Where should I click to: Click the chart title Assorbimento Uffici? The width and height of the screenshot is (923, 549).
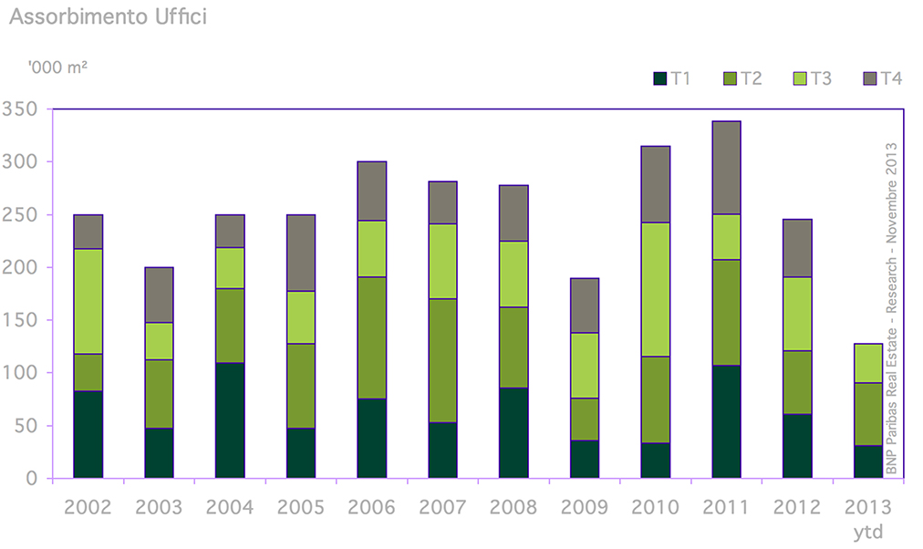[x=108, y=17]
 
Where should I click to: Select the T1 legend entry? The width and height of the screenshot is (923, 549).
[x=673, y=78]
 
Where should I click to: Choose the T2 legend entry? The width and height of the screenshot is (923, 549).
[x=742, y=78]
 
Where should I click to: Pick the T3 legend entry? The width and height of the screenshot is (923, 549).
[x=812, y=78]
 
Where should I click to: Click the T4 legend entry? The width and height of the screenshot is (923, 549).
[x=883, y=78]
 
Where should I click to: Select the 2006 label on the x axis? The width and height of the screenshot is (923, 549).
[x=371, y=507]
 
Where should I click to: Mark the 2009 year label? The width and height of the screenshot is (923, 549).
[x=584, y=507]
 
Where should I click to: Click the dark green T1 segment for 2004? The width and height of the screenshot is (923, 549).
[x=229, y=420]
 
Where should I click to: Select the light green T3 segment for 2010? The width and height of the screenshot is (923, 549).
[x=655, y=289]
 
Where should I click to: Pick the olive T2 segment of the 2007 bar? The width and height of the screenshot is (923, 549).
[x=442, y=360]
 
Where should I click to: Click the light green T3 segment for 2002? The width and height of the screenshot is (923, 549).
[x=88, y=301]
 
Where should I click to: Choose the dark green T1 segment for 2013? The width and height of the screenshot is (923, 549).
[x=867, y=461]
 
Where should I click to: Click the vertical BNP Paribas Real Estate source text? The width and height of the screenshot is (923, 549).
[x=891, y=308]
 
